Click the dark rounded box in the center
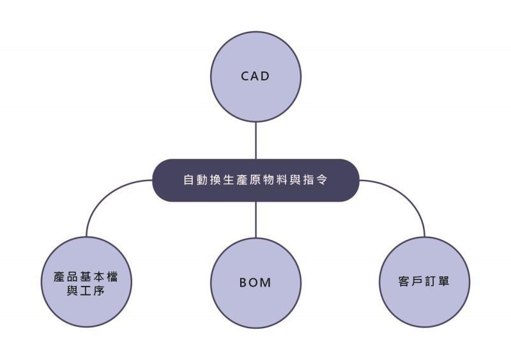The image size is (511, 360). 256,180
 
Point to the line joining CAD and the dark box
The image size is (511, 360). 256,140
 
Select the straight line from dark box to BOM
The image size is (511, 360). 256,219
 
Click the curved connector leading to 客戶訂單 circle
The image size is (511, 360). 409,198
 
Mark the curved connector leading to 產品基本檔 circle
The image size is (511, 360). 102,198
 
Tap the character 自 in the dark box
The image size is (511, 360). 188,180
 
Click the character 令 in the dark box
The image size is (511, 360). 323,180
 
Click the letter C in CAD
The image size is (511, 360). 245,76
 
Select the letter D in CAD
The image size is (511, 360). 266,76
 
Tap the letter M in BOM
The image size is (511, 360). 266,283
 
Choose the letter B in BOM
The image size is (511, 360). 244,283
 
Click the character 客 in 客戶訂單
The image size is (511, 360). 404,281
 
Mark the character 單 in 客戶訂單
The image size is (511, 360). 444,281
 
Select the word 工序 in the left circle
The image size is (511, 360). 93,292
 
